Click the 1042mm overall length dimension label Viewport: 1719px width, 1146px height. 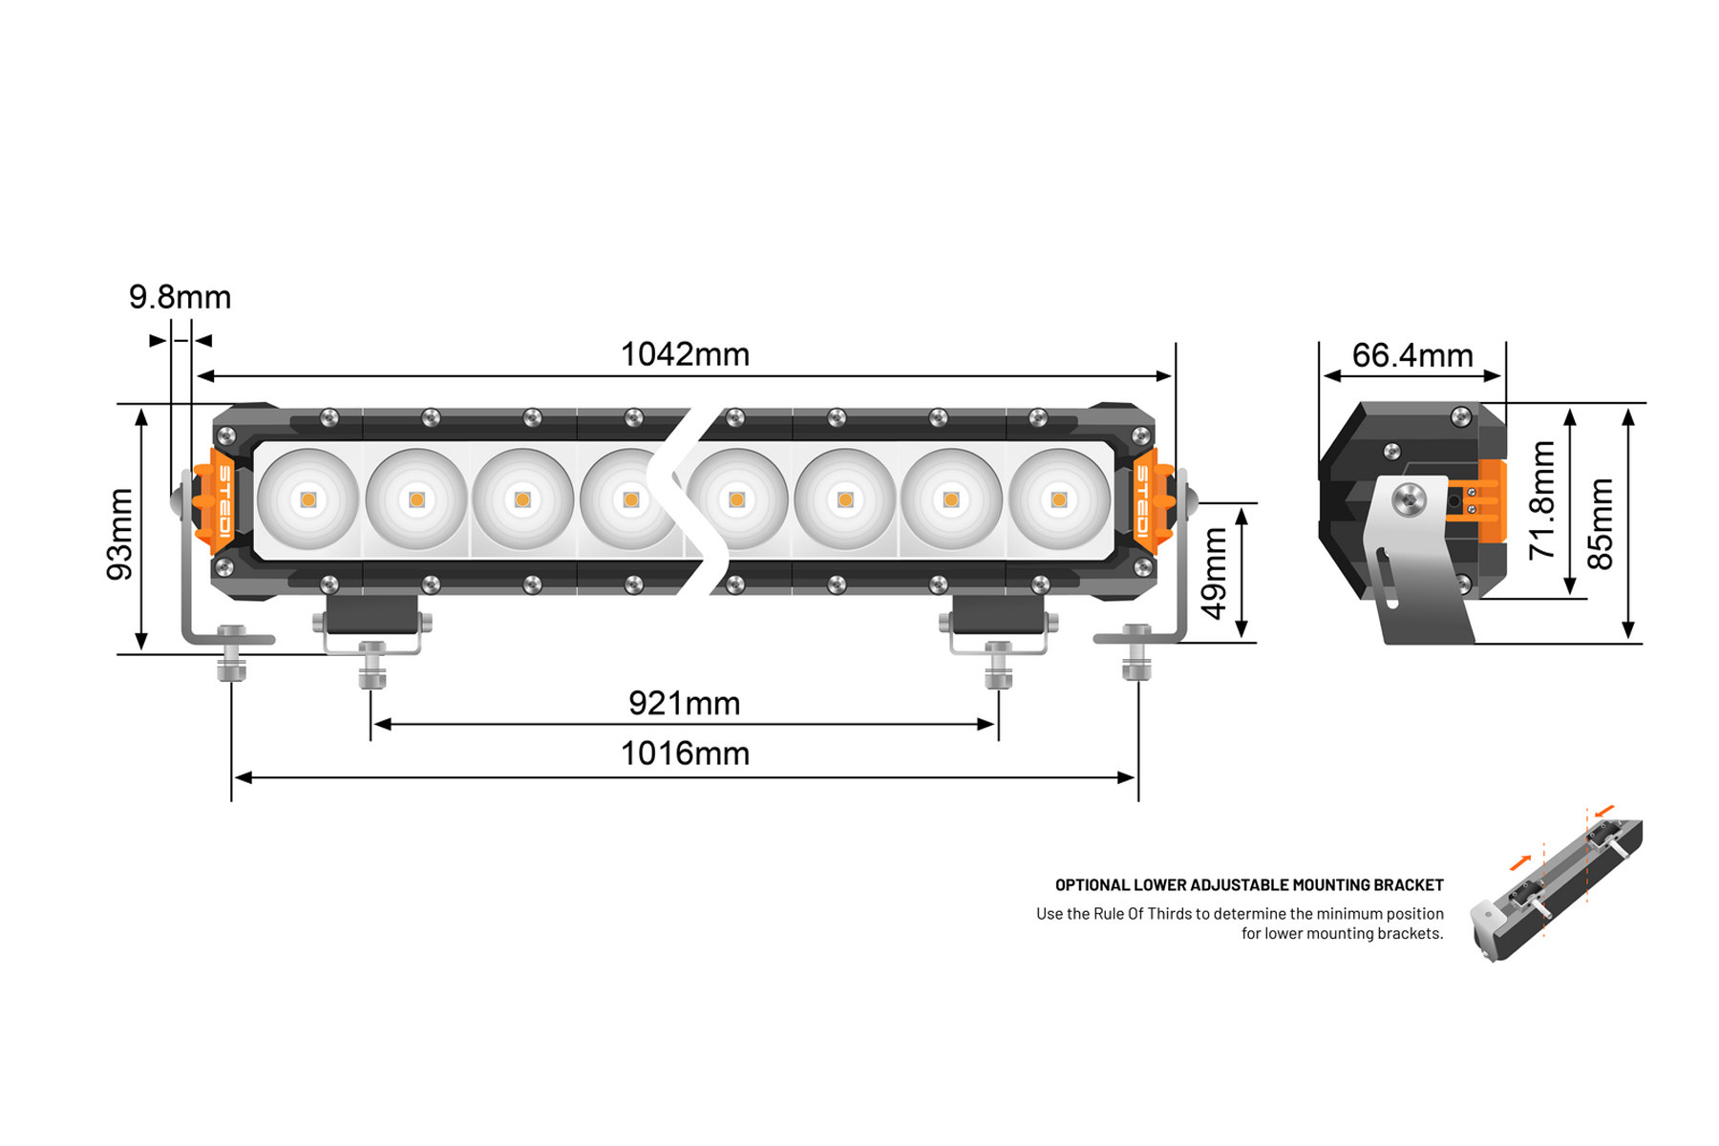pos(685,354)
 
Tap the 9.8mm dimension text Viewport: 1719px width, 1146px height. pos(180,297)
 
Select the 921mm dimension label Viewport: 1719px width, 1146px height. pos(684,704)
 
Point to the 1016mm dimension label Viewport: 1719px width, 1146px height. pos(685,753)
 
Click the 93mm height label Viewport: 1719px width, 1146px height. pos(119,534)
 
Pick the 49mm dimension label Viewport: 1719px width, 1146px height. pos(1213,573)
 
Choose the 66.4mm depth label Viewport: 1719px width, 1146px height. pos(1412,355)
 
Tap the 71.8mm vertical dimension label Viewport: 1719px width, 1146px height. pos(1542,499)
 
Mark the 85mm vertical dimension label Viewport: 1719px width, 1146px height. pos(1600,523)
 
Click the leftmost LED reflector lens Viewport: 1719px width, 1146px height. pos(308,499)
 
